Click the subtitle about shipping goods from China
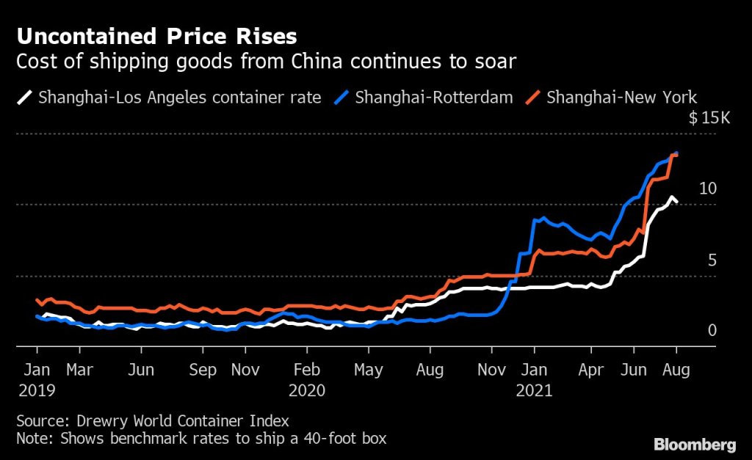(266, 62)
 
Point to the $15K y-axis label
(709, 119)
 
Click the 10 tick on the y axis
(707, 189)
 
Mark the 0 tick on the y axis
(711, 331)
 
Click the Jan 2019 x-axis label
(37, 379)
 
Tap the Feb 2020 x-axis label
(306, 379)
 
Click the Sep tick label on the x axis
(203, 370)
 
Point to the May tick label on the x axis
(369, 370)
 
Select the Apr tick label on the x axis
(591, 370)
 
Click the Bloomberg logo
(694, 444)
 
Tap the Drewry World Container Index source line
(152, 421)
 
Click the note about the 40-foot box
(200, 439)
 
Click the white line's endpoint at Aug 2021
(676, 201)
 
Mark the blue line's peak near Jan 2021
(543, 218)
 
